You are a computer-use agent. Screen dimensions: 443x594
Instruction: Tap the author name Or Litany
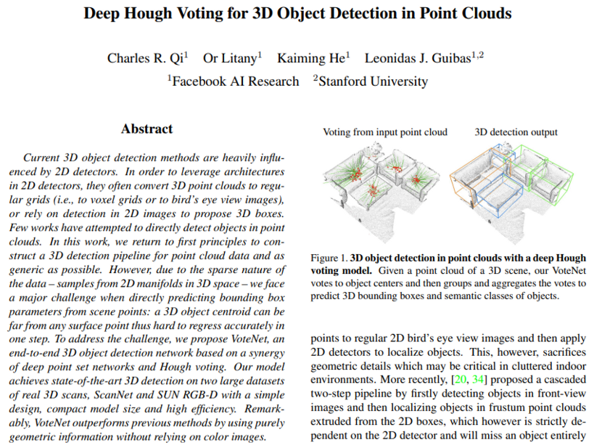point(231,58)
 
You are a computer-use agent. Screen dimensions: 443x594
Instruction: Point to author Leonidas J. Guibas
point(417,58)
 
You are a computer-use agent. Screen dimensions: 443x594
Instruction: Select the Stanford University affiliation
point(372,81)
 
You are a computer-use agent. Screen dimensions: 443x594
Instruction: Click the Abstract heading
point(147,129)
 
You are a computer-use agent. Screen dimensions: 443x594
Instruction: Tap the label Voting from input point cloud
point(384,132)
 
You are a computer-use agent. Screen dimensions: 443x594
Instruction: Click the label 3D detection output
point(516,132)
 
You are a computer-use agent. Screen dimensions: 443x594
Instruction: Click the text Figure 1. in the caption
point(329,258)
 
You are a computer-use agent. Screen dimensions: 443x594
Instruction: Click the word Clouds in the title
point(485,13)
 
